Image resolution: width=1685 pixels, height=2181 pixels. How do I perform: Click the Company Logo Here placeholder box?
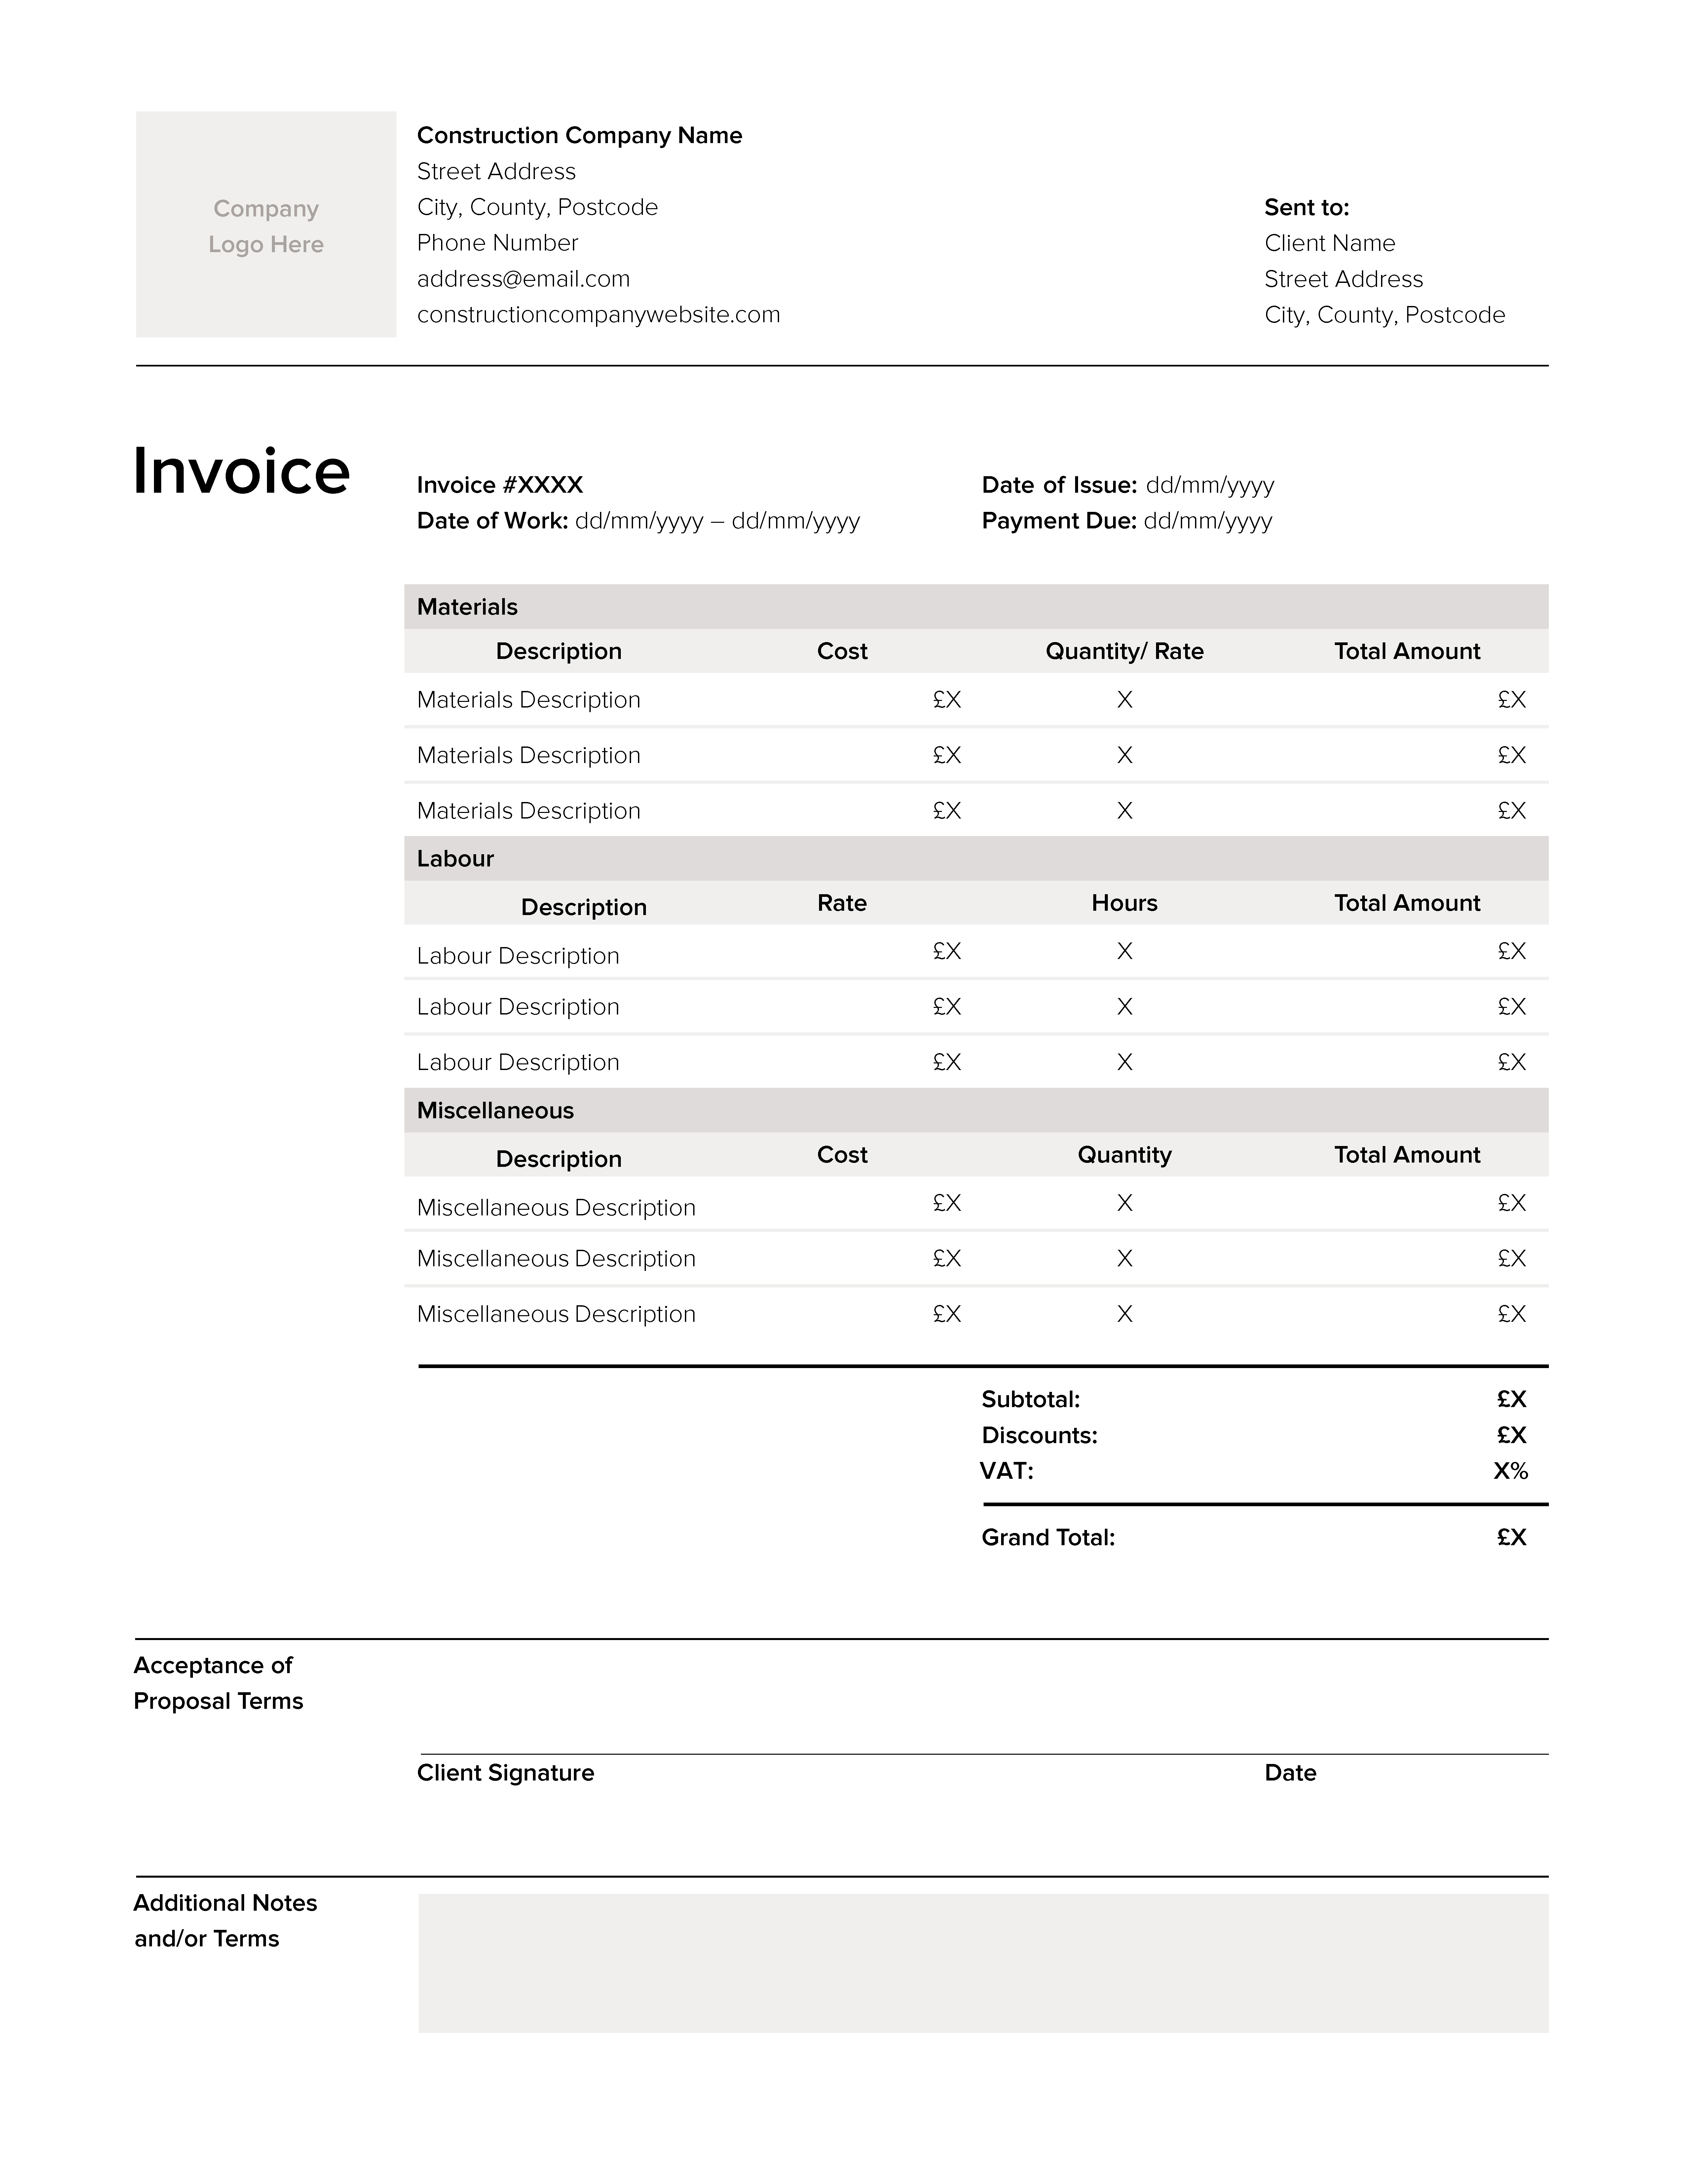coord(266,225)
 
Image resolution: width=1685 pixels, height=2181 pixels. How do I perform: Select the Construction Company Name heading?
coord(579,136)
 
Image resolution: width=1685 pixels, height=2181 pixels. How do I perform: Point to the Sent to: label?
coord(1306,208)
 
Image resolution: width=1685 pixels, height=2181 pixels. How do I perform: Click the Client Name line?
coord(1329,244)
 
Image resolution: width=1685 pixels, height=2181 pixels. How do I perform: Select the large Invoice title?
coord(242,471)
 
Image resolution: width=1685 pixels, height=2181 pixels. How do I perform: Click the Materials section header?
coord(467,607)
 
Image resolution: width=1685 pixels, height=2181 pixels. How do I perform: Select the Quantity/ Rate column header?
coord(1124,651)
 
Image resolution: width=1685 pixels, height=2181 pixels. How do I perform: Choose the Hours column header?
coord(1124,903)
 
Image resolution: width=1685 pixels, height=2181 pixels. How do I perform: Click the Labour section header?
coord(455,859)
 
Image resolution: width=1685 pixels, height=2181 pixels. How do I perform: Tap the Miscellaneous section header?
coord(495,1110)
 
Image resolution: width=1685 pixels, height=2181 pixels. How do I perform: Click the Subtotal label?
coord(1030,1399)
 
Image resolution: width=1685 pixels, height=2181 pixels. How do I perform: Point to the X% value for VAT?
coord(1510,1471)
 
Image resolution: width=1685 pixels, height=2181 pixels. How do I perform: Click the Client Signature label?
coord(505,1773)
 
